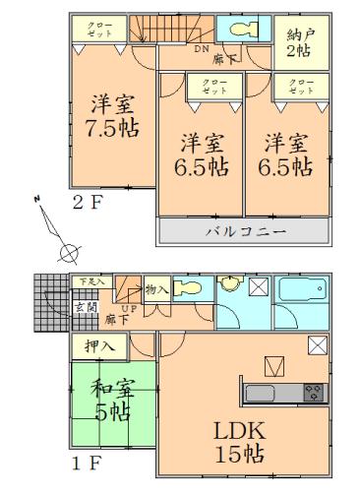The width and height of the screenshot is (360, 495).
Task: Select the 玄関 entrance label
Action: point(87,308)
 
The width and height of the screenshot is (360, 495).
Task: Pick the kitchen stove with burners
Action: point(315,393)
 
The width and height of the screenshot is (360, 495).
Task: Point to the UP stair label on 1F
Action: point(129,309)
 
